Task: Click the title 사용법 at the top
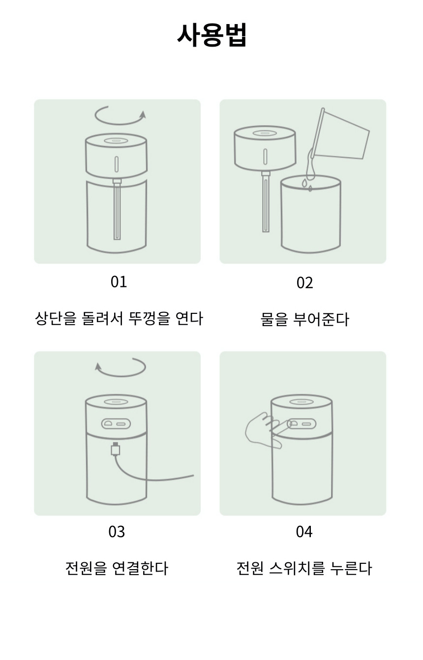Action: click(211, 35)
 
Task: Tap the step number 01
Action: click(119, 282)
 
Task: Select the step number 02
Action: click(304, 282)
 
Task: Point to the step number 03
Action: click(117, 532)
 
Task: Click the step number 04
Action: click(304, 532)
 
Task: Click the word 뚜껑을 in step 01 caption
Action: click(150, 319)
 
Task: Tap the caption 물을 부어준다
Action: click(304, 319)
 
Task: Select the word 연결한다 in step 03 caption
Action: click(140, 568)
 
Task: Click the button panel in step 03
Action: click(116, 424)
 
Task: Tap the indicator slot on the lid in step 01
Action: click(117, 164)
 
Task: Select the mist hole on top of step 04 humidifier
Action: click(302, 402)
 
